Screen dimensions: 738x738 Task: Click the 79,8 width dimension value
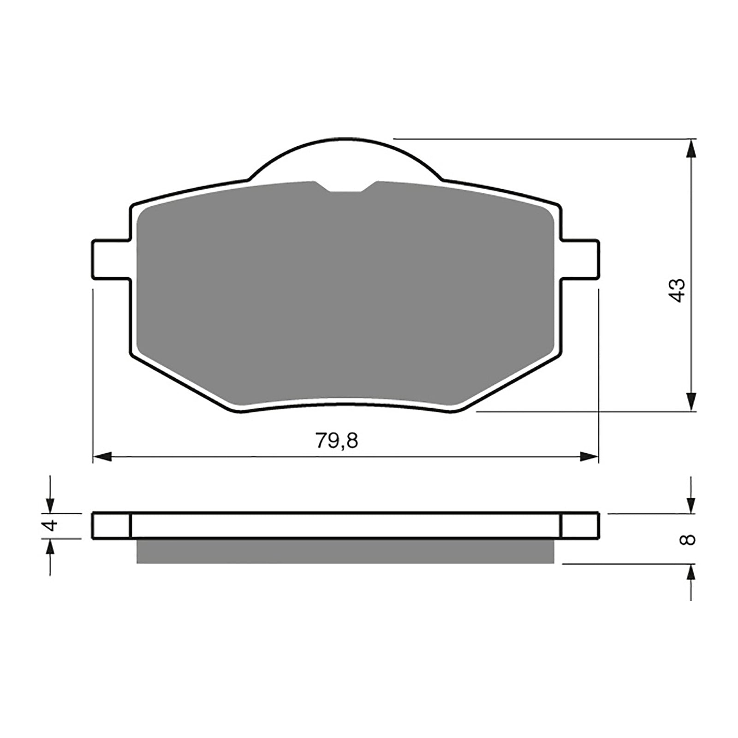coord(337,441)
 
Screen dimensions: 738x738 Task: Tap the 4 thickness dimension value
coord(51,525)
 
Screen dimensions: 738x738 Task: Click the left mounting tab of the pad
coord(111,259)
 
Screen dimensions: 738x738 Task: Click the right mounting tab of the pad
coord(581,259)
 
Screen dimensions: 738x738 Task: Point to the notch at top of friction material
coord(345,186)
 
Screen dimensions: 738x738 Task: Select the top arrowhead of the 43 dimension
coord(690,149)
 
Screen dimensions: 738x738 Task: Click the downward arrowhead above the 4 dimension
coord(50,504)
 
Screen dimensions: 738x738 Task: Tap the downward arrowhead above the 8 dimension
coord(690,504)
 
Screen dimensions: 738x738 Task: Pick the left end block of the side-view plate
coord(112,525)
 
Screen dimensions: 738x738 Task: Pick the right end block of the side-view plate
coord(581,525)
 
